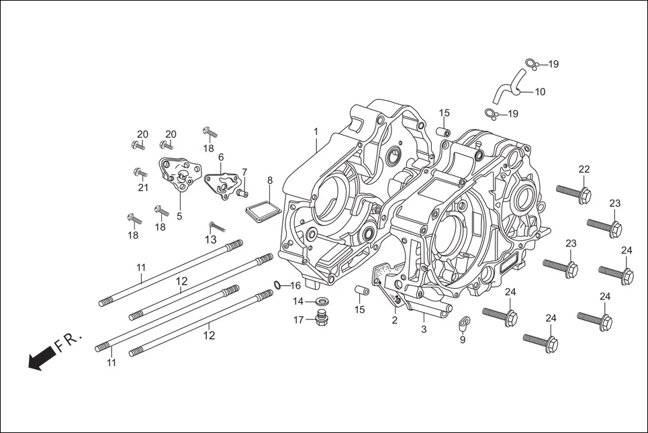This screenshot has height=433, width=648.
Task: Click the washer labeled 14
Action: click(x=322, y=300)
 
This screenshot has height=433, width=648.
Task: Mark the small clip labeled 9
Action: click(x=463, y=325)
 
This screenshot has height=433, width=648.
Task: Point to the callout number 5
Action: click(x=179, y=216)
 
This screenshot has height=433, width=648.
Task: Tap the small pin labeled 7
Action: click(x=240, y=193)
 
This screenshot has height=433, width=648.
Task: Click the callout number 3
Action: click(x=424, y=329)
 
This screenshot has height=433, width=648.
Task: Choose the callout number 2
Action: click(x=395, y=320)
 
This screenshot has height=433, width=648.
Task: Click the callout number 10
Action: click(x=540, y=92)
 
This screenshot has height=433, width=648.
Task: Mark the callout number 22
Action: click(x=584, y=169)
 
